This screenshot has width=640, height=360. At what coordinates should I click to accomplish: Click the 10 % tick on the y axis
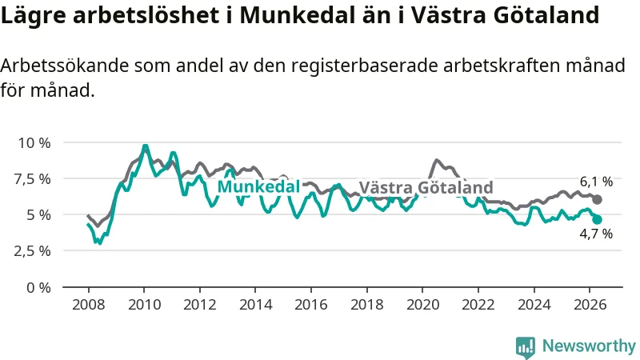click(x=34, y=143)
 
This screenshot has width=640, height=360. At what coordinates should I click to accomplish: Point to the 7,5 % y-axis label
click(x=32, y=178)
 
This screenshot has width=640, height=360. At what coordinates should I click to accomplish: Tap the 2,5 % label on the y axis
click(x=32, y=250)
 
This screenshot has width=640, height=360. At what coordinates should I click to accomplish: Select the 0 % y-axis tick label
click(x=38, y=288)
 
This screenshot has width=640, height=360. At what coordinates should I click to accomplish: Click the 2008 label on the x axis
click(x=89, y=305)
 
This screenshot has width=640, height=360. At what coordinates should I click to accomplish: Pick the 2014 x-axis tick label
click(x=255, y=305)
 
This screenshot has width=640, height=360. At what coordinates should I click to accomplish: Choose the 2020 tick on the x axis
click(x=422, y=305)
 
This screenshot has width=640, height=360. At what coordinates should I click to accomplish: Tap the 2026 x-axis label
click(x=590, y=305)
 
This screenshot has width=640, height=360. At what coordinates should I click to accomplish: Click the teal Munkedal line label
click(x=258, y=186)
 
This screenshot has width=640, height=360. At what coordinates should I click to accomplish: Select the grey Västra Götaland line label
click(x=426, y=187)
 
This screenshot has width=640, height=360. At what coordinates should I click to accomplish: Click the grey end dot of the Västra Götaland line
click(x=597, y=199)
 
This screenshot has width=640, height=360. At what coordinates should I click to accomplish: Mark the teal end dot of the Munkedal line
click(x=597, y=219)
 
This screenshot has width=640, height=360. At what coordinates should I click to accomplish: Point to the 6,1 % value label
click(x=596, y=182)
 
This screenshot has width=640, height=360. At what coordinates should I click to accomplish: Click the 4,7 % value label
click(x=596, y=234)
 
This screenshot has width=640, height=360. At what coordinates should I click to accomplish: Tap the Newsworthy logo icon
click(x=526, y=347)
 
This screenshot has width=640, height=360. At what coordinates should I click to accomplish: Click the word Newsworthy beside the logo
click(x=589, y=346)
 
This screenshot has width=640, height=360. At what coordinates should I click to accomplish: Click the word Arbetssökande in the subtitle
click(x=65, y=66)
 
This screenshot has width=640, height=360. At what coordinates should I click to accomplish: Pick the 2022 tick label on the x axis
click(x=478, y=305)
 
